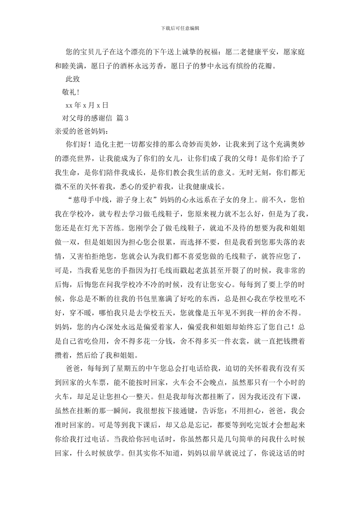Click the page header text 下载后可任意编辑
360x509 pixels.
[180, 28]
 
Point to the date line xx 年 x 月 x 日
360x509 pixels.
[87, 105]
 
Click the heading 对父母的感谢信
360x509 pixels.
[87, 118]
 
